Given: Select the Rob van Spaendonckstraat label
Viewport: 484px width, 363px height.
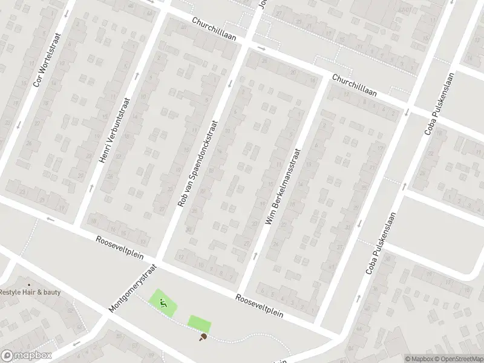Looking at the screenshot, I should (x=197, y=164).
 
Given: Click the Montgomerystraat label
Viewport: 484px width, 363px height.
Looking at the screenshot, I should (x=133, y=287).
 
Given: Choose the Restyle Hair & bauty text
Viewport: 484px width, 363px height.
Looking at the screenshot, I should (x=30, y=292).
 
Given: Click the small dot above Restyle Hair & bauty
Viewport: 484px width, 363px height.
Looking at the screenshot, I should (x=28, y=284).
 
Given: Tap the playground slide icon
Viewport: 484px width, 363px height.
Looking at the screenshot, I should (x=163, y=302).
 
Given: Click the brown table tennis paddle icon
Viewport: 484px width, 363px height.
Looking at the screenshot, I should (x=204, y=336).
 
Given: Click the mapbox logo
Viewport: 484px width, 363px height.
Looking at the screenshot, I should (x=27, y=356).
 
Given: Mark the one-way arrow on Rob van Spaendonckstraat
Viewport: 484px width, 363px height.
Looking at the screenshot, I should (x=229, y=83).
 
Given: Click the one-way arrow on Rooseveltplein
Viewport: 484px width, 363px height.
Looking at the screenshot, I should (x=50, y=218).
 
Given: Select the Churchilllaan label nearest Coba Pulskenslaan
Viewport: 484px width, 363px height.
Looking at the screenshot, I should (x=354, y=85).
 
